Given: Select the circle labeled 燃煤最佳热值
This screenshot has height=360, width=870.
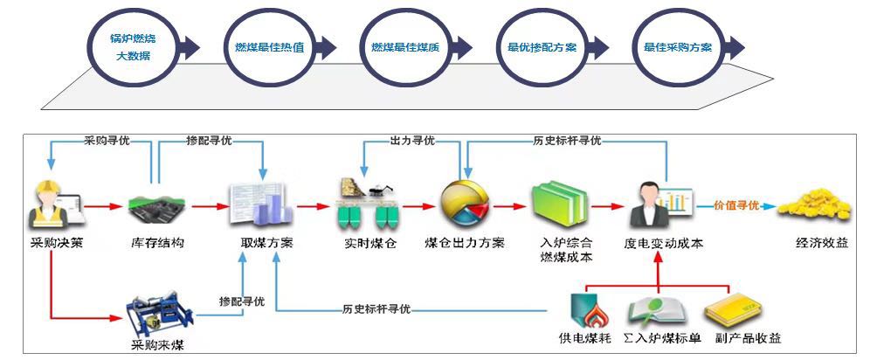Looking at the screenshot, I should click(269, 47).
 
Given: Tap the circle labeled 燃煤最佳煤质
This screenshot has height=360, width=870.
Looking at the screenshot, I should click(405, 47).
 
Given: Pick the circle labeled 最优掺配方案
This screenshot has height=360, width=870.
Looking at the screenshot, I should click(542, 47).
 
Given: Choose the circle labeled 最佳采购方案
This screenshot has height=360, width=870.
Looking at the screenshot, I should click(677, 47).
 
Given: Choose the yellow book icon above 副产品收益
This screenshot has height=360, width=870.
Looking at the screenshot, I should click(732, 310).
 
